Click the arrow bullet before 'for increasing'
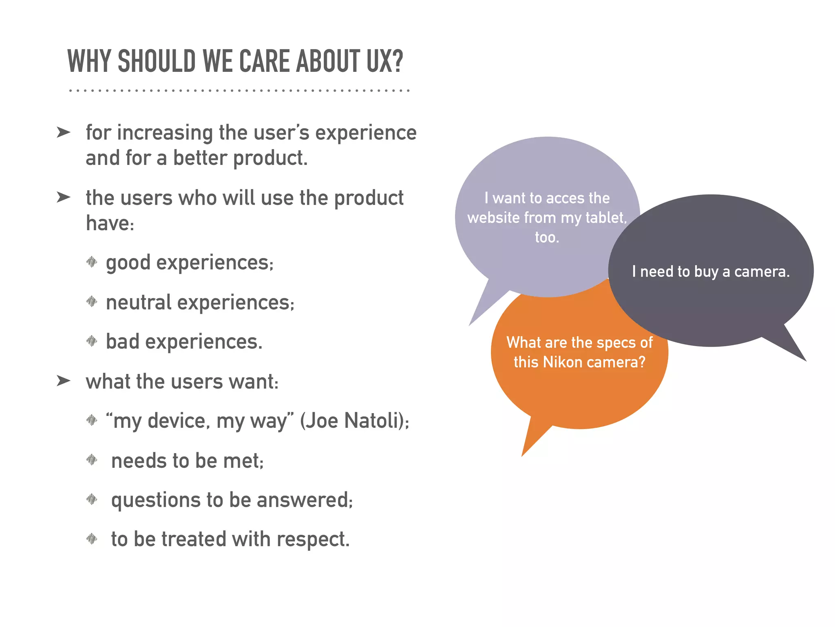pos(64,132)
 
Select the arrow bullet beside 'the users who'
pos(64,197)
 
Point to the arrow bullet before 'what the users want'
pos(64,381)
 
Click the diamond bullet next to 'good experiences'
pos(92,262)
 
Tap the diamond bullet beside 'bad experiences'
pos(92,341)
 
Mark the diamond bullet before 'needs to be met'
pos(92,460)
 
